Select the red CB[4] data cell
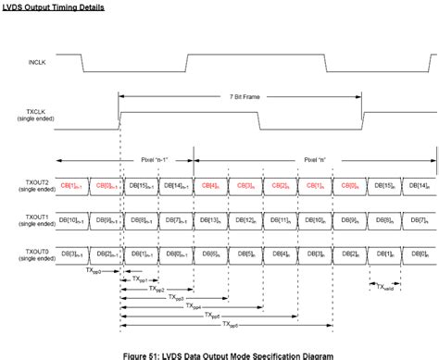pyautogui.click(x=210, y=185)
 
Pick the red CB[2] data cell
pyautogui.click(x=281, y=185)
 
